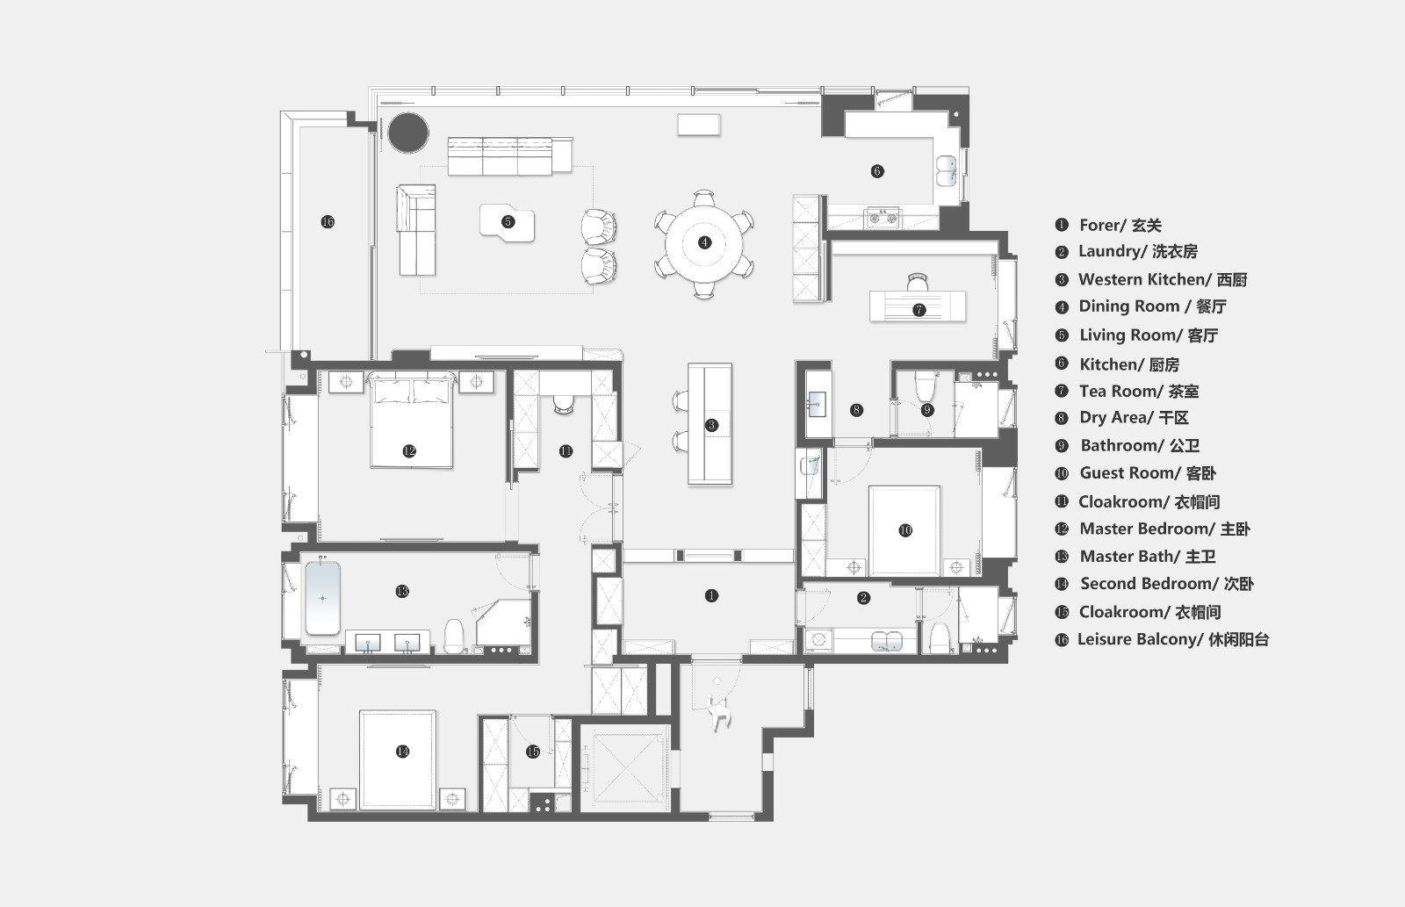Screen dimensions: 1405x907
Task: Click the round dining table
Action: click(x=704, y=243)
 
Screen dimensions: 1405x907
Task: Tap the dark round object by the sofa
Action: click(x=408, y=133)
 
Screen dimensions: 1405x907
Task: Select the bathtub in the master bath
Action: click(x=322, y=599)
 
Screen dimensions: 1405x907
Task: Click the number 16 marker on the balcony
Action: click(x=328, y=221)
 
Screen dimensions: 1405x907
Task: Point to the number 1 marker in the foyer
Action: click(x=711, y=595)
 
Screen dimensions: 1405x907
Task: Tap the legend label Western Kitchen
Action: click(x=1145, y=279)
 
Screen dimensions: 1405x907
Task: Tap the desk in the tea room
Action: click(x=918, y=306)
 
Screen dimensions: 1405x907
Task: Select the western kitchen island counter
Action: click(x=710, y=423)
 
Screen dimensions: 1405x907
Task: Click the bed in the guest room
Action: click(x=904, y=530)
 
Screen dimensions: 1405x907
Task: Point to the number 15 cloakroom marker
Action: click(x=532, y=752)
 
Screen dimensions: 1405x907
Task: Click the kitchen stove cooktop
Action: click(x=882, y=218)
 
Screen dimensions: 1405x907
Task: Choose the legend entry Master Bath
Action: click(x=1148, y=557)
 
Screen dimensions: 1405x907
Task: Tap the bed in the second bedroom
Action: click(x=398, y=759)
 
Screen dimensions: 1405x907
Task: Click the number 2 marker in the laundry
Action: click(x=863, y=598)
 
